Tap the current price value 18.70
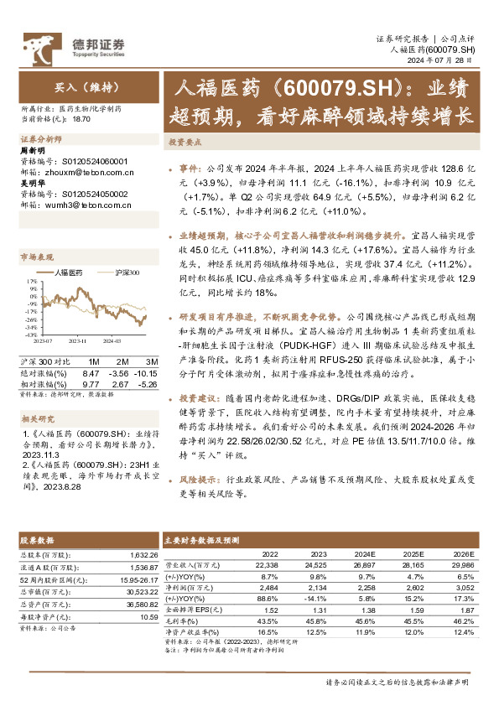tap(81, 120)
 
